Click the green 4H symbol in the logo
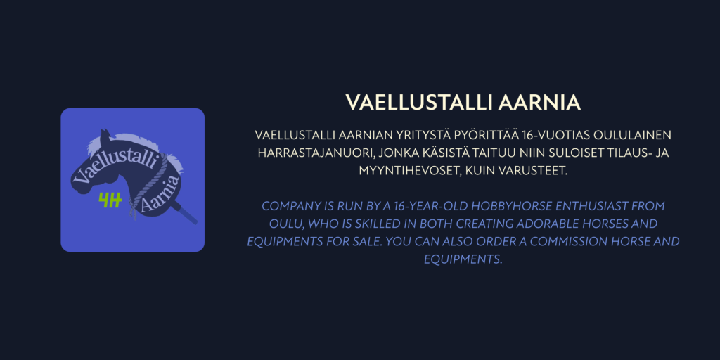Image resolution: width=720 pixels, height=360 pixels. [110, 200]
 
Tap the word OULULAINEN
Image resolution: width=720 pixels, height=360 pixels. [633, 136]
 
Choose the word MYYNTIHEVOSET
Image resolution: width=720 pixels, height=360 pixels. [410, 170]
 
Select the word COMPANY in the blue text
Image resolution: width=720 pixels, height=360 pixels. [287, 206]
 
